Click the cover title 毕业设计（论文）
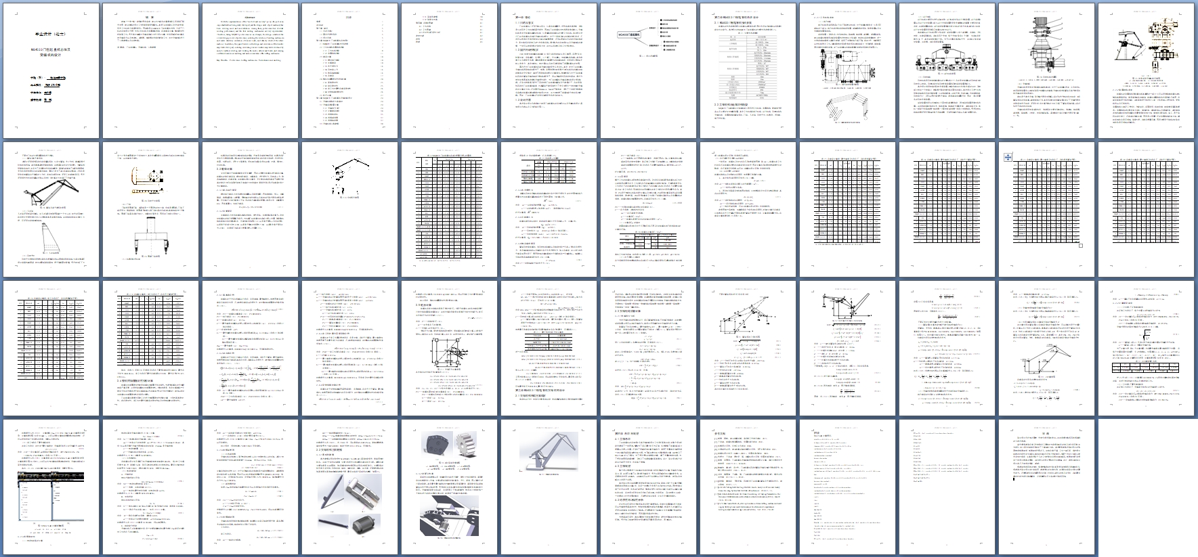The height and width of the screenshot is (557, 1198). [x=50, y=33]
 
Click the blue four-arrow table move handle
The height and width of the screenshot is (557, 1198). [x=1008, y=157]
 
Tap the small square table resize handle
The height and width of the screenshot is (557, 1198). [x=1081, y=265]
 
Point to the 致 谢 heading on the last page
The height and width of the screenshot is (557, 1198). [x=1045, y=434]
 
